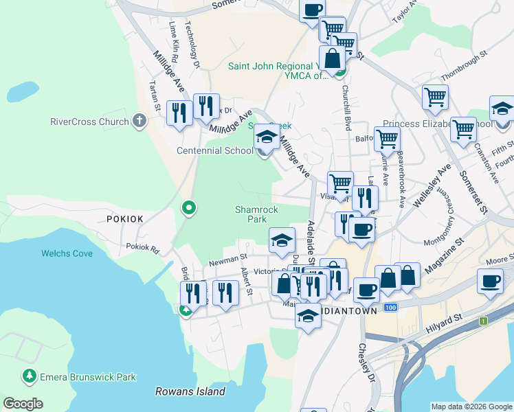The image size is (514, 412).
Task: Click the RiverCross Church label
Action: (x=89, y=122)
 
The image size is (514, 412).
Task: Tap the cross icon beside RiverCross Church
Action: (x=139, y=122)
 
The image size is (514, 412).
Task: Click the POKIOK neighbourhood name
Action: (x=124, y=218)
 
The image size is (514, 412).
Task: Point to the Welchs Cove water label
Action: (x=67, y=253)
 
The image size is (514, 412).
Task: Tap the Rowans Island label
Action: (x=190, y=391)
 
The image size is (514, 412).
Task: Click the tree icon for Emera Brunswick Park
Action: (x=29, y=376)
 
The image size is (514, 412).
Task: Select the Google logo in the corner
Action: (x=23, y=404)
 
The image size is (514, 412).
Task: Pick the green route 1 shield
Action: (x=484, y=321)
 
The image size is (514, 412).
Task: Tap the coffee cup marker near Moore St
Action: (x=491, y=282)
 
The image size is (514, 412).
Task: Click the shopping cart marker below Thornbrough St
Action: (x=435, y=97)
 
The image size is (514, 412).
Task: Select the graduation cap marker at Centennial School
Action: (x=267, y=137)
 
